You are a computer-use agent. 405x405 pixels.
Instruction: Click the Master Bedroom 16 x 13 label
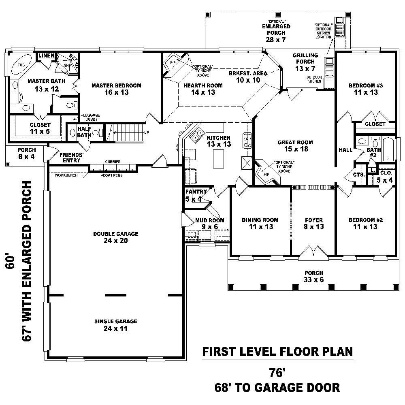point(116,89)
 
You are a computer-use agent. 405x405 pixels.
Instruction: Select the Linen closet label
point(47,55)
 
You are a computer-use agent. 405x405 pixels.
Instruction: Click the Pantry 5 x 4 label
point(196,195)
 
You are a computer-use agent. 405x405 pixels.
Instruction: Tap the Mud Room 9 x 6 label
point(207,224)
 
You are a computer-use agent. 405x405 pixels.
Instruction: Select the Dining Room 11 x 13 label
point(260,223)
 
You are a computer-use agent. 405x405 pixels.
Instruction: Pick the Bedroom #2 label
point(366,223)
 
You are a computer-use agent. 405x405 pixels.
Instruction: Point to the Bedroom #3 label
point(366,89)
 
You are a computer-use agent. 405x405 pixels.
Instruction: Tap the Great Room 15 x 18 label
point(295,145)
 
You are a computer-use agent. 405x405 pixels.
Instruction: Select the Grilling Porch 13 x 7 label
point(305,62)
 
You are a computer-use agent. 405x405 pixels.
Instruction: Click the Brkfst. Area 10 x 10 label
point(248,77)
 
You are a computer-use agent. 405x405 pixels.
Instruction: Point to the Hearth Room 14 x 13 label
point(203,89)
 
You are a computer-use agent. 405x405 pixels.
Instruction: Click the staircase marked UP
point(128,132)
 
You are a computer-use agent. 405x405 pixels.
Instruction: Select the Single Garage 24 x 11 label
point(115,325)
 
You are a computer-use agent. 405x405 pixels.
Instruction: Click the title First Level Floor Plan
point(277,351)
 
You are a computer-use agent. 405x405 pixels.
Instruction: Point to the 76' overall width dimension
point(277,372)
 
